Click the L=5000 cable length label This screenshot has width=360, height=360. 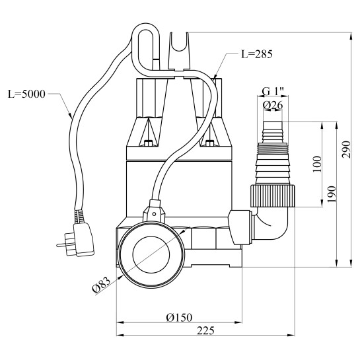click(x=26, y=94)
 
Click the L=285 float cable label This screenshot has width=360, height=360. click(x=256, y=54)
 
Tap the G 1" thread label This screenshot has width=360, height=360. click(x=273, y=92)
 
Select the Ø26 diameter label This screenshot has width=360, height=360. click(x=273, y=106)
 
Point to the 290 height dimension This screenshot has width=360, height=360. click(x=346, y=149)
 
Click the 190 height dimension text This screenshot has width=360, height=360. click(x=332, y=194)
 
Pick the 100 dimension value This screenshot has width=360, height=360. click(x=317, y=164)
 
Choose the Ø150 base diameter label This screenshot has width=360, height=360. click(x=179, y=318)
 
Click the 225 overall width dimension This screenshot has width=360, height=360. click(x=205, y=331)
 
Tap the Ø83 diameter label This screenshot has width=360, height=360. click(x=101, y=285)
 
